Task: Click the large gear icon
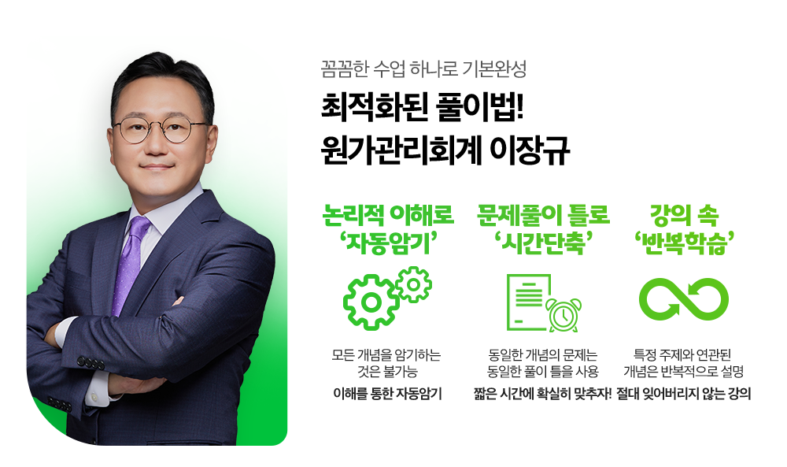pos(371,302)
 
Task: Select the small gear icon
pos(414,285)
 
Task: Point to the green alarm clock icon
pos(564,315)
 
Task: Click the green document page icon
pos(527,302)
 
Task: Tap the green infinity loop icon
pos(684,299)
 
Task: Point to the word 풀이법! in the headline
pos(480,107)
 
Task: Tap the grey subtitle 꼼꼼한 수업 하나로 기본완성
pos(423,69)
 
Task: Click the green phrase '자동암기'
pos(387,243)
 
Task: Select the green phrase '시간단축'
pos(543,243)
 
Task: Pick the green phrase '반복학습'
pos(685,243)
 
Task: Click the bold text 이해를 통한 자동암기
pos(387,394)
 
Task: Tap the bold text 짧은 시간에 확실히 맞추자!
pos(542,394)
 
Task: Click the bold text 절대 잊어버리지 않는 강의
pos(684,394)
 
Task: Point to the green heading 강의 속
pos(684,215)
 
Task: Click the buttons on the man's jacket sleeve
pos(91,362)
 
